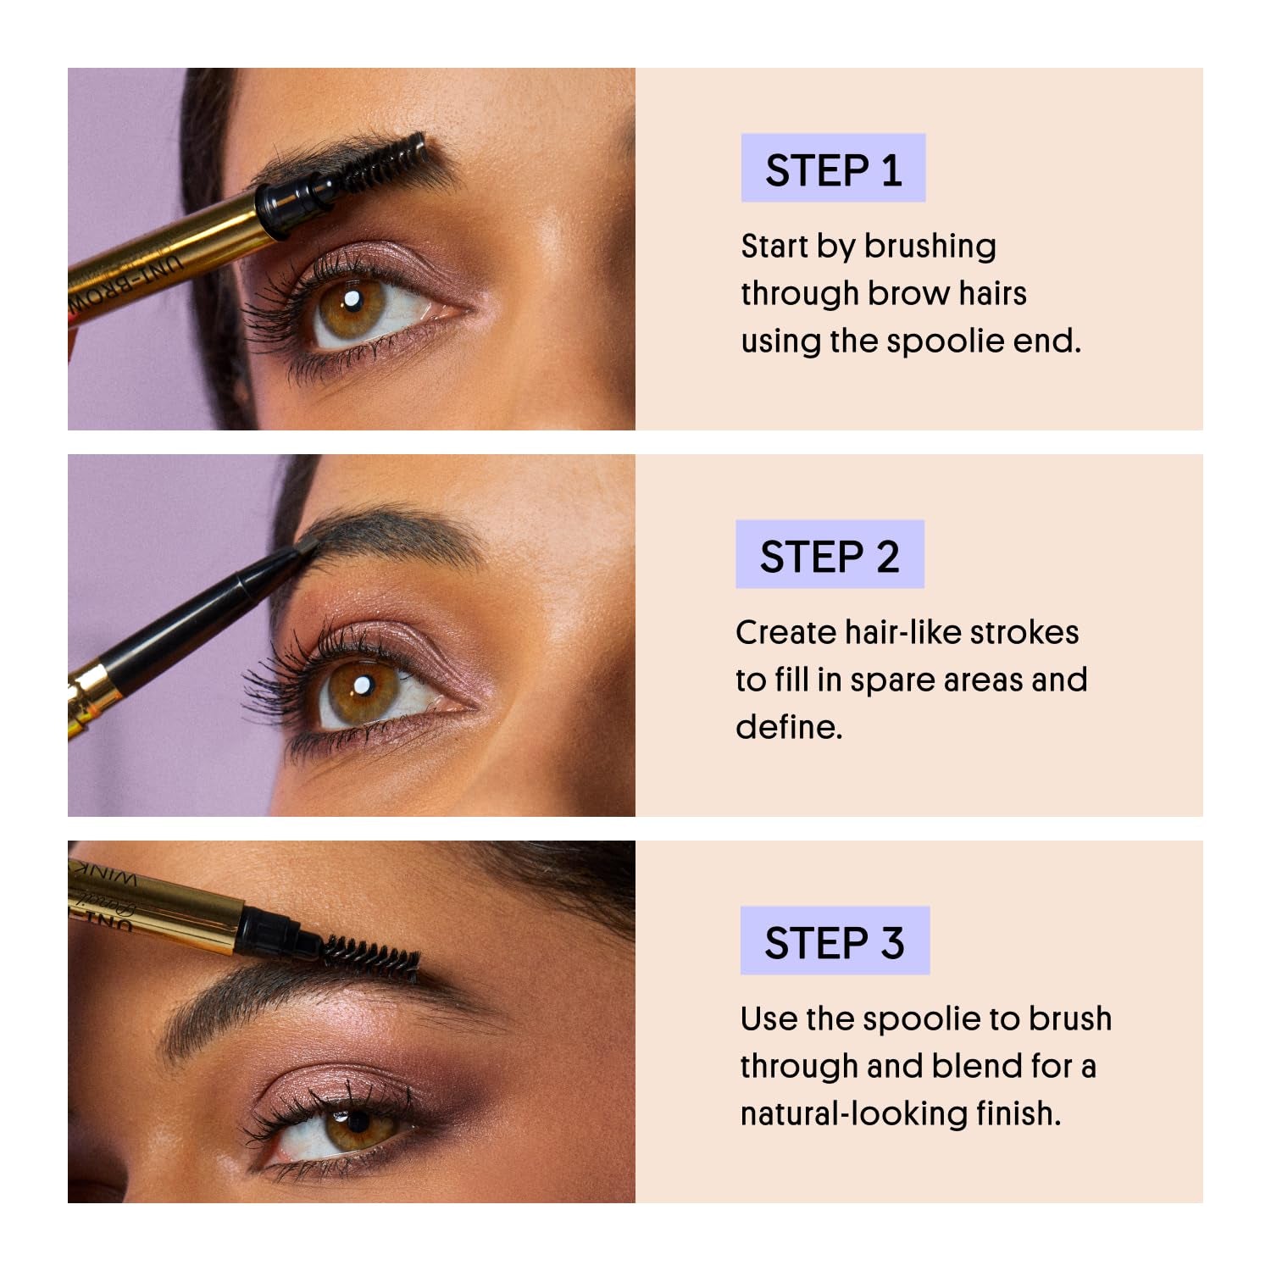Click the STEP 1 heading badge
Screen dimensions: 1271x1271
pos(833,169)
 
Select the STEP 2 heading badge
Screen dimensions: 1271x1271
pos(830,555)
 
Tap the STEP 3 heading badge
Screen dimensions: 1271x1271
pos(835,941)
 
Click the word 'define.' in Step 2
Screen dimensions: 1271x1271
pos(789,727)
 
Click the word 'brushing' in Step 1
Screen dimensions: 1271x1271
pos(930,247)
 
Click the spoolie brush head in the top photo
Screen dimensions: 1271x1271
pos(390,161)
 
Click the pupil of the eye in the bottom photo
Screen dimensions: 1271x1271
pos(358,1121)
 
